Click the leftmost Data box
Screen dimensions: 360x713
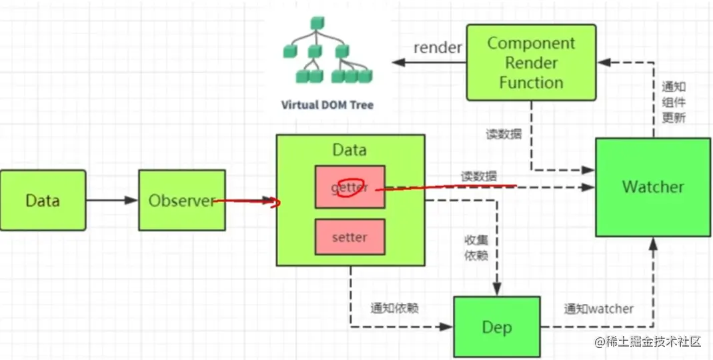pos(43,200)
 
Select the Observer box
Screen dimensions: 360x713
pos(182,200)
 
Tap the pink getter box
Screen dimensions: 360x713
pos(349,187)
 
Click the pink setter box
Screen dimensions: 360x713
pos(349,237)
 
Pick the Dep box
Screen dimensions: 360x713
pos(496,327)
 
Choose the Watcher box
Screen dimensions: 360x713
pos(653,187)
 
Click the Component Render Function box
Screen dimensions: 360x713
pos(531,63)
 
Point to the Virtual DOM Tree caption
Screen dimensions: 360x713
pos(327,105)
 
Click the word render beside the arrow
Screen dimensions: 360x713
pos(438,47)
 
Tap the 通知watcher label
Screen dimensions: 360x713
pos(598,308)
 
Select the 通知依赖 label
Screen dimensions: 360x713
pos(394,308)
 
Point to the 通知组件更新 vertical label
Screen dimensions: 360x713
pos(673,102)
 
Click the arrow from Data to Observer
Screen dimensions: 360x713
pos(112,200)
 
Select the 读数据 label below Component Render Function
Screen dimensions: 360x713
pos(504,133)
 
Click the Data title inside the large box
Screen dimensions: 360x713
pos(349,150)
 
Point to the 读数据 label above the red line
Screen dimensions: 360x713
pos(478,177)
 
